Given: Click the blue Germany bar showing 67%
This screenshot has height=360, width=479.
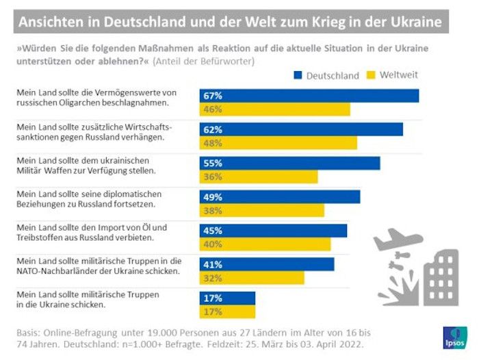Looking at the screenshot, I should click(x=309, y=96).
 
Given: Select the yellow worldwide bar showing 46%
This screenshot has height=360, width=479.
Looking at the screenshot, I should click(x=274, y=110).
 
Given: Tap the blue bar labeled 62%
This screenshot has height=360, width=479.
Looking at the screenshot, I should click(x=301, y=129).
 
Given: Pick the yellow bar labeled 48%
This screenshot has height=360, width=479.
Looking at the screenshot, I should click(x=278, y=143).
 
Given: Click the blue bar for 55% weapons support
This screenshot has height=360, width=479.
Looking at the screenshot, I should click(x=289, y=163).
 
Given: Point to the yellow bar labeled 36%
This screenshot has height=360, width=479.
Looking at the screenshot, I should click(x=258, y=177).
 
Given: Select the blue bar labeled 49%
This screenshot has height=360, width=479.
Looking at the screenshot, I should click(x=279, y=197).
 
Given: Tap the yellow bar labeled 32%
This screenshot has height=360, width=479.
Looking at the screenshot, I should click(x=252, y=278).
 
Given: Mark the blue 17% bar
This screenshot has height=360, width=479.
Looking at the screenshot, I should click(x=227, y=298).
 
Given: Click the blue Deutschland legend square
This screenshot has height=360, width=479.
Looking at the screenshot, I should click(x=298, y=75).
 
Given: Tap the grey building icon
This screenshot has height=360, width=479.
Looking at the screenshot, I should click(x=441, y=277).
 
